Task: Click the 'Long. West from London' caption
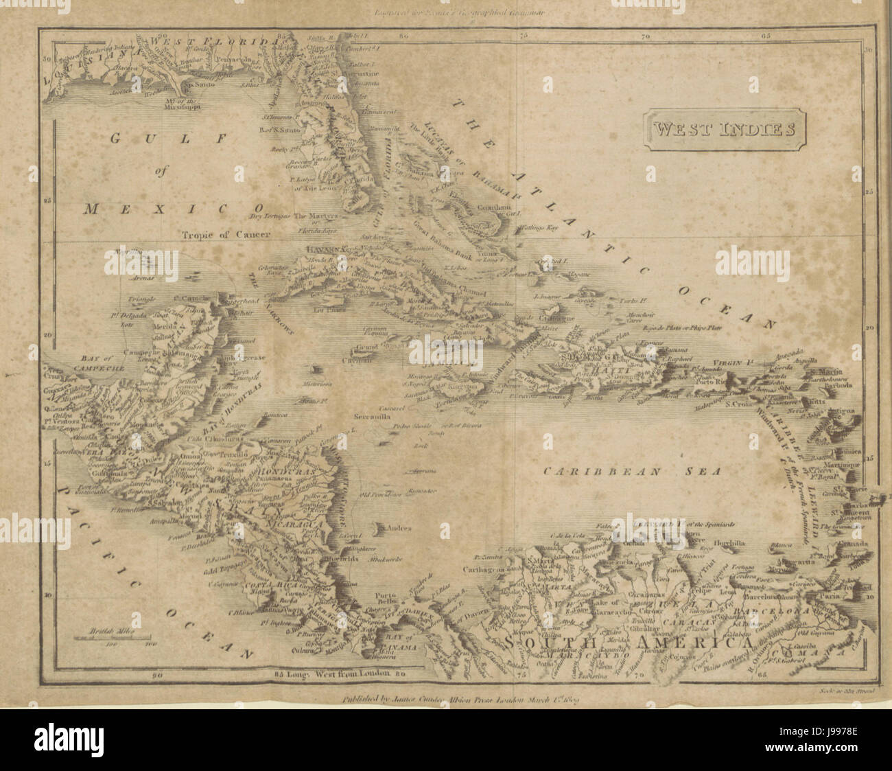pyautogui.click(x=332, y=674)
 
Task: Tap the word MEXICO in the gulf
pyautogui.click(x=174, y=209)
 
